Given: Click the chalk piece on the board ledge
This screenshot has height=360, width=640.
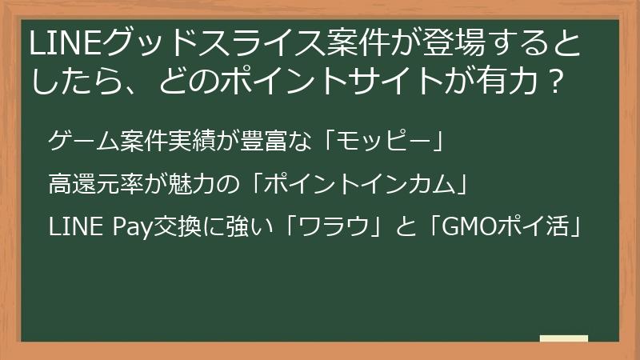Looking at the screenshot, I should coord(564,338).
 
